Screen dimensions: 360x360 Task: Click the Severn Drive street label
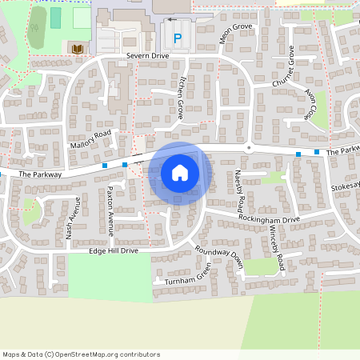point(147,57)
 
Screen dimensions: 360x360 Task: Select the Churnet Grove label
point(283,67)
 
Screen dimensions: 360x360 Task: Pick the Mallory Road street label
point(90,141)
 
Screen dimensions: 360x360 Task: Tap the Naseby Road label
point(239,186)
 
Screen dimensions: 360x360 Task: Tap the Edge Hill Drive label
point(114,251)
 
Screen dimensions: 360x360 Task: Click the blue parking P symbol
point(178,38)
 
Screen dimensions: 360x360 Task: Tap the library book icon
point(77,50)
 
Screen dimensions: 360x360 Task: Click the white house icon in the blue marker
point(180,173)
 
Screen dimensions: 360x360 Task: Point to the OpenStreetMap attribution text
point(81,354)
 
